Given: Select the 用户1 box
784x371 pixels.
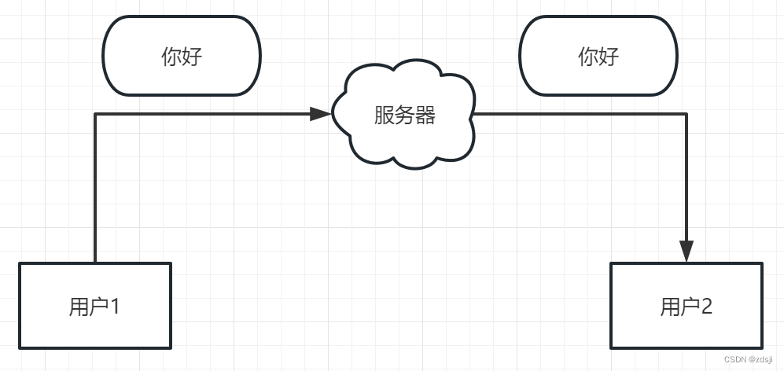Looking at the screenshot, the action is pos(95,305).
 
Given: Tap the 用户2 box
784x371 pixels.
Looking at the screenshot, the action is pos(686,305).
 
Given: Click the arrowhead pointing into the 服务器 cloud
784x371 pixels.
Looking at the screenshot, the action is pos(320,114).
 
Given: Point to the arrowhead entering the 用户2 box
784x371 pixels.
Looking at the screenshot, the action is pos(686,251).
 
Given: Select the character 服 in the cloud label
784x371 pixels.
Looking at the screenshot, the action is pos(383,116).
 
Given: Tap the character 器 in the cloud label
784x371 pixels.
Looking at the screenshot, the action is pos(425,116).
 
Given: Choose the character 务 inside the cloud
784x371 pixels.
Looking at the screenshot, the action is pos(404,116).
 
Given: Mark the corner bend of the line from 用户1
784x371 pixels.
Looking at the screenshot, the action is pos(95,114).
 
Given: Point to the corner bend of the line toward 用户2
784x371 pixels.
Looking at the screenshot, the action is pos(686,114).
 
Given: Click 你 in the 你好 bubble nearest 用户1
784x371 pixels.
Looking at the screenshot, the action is pos(171,57).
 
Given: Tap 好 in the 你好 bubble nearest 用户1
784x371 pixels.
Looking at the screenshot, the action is pos(192,57).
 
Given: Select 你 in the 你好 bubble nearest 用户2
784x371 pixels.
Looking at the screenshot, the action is pos(588,57).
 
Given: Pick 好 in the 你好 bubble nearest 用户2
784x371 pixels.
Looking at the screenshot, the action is pos(609,57).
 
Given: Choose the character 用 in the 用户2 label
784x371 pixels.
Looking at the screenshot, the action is pos(669,306).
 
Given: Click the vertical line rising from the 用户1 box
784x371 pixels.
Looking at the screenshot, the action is pos(95,189).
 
